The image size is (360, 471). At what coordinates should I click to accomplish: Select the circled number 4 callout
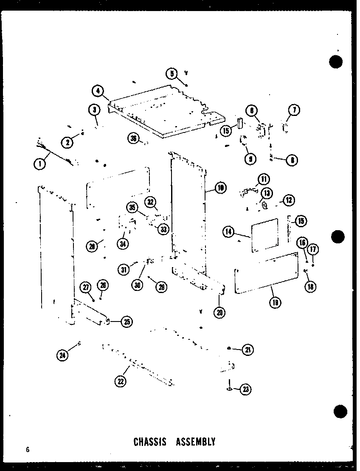tap(98, 90)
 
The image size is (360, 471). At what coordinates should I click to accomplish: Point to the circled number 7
tap(294, 110)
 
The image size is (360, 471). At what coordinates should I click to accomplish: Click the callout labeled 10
tap(220, 187)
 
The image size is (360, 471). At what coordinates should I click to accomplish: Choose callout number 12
tap(289, 200)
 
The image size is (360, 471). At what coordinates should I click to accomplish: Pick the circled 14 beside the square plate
tap(229, 231)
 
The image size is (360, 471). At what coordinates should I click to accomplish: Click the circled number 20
tap(220, 312)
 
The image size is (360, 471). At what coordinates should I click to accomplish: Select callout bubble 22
tap(121, 381)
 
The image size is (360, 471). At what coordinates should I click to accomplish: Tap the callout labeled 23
tap(245, 389)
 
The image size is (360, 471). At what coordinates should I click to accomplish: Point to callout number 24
tap(63, 355)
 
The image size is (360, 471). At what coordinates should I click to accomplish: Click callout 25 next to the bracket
tap(126, 322)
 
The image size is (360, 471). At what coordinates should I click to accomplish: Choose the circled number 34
tap(124, 244)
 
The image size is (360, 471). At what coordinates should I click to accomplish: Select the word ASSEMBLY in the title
tap(196, 442)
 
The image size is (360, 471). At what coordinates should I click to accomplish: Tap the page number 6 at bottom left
tap(27, 449)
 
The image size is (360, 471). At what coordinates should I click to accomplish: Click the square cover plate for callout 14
tap(264, 236)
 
